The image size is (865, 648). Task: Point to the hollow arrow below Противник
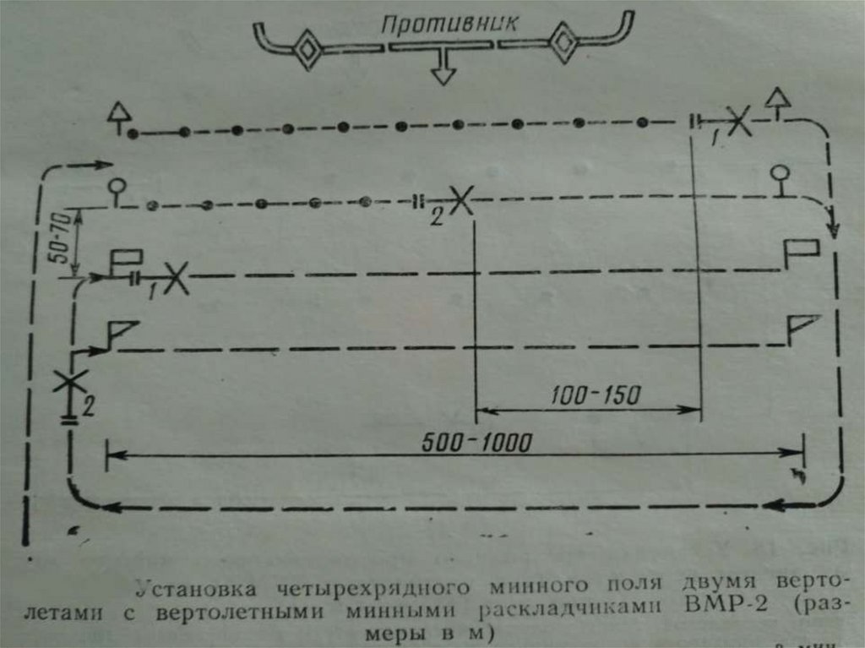point(440,72)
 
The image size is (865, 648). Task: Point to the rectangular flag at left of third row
point(126,259)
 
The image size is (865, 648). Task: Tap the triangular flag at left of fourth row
point(121,332)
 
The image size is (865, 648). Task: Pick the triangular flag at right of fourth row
point(802,325)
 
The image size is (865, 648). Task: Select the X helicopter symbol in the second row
point(460,201)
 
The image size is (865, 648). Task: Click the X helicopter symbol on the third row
point(175,277)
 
